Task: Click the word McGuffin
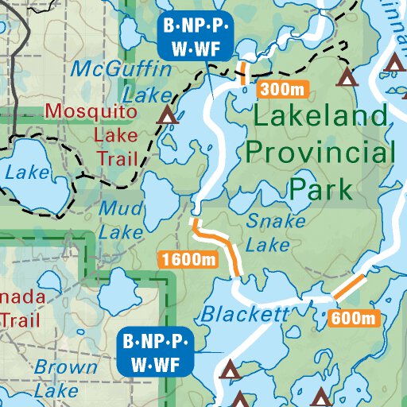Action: [x=122, y=70]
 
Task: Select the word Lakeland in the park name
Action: [x=322, y=118]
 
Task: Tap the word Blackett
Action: [x=245, y=314]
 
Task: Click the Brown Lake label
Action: [x=66, y=378]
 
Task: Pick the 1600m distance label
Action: [x=188, y=259]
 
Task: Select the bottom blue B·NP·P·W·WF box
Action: [x=157, y=353]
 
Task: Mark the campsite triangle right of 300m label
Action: [x=346, y=77]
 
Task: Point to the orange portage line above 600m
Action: [x=349, y=287]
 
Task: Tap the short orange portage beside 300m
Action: [x=243, y=72]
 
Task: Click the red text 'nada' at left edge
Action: [x=20, y=297]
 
